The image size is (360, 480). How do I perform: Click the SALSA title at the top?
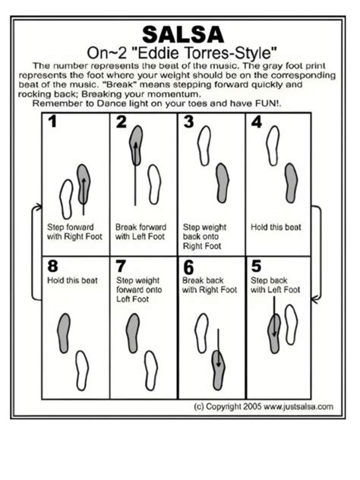click(183, 35)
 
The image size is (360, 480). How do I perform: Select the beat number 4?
click(257, 122)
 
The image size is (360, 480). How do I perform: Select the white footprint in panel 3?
click(203, 144)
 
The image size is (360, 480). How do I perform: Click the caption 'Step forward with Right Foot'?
click(71, 231)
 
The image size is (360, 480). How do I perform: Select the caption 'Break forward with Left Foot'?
click(140, 231)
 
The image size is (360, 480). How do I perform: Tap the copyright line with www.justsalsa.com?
click(264, 406)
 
